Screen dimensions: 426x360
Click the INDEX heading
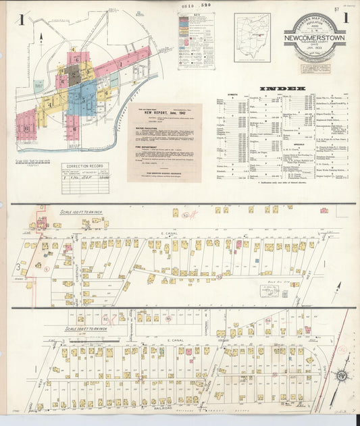tap(282, 88)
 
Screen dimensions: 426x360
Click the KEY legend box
tap(196, 41)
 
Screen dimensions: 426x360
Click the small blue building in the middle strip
tap(284, 294)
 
